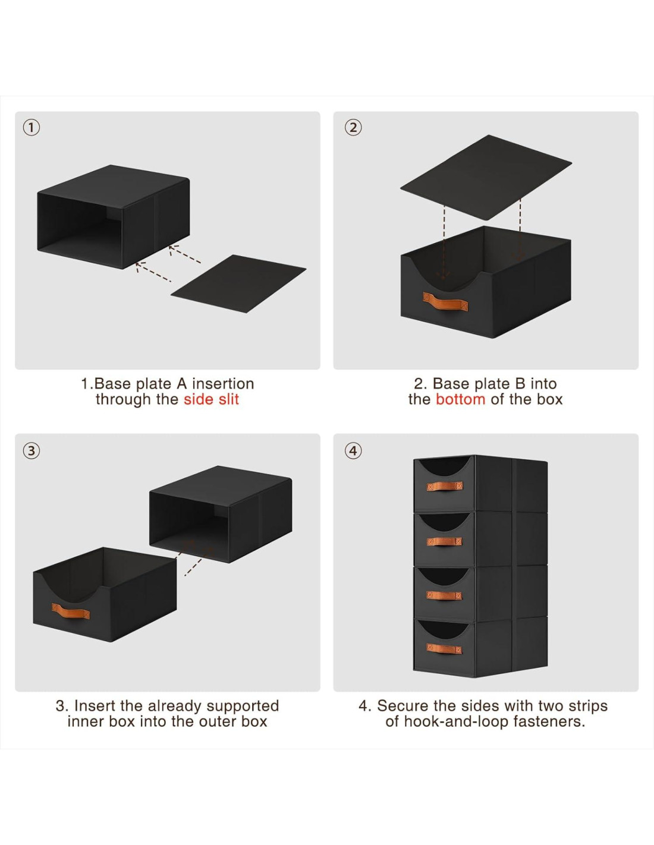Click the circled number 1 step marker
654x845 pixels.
point(32,127)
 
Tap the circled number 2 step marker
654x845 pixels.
point(353,127)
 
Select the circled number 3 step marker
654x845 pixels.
point(32,450)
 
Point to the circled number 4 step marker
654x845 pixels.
point(353,450)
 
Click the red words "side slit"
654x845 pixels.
point(211,399)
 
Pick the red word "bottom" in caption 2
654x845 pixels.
point(460,399)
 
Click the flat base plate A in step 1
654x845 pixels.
point(238,283)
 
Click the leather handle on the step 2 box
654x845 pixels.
point(445,302)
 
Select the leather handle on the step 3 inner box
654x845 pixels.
point(71,611)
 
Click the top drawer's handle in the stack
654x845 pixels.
point(445,487)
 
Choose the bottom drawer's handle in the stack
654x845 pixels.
point(445,648)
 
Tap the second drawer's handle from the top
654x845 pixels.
point(445,541)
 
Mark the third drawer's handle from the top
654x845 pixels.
point(445,595)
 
